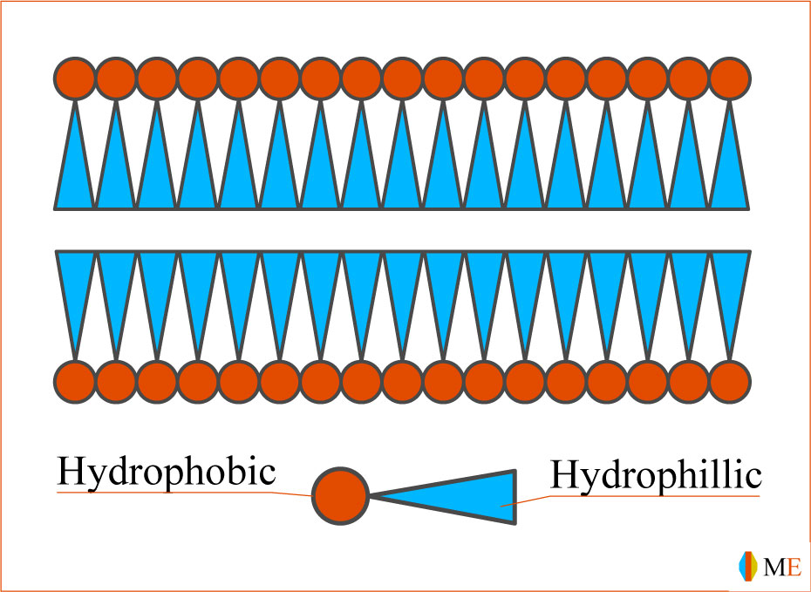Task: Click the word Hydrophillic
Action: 656,476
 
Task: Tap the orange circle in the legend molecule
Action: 340,496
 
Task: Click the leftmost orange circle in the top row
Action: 75,78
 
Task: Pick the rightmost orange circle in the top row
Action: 730,78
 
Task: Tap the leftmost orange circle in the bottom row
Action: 75,381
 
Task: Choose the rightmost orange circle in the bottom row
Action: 730,381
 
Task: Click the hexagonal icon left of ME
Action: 747,566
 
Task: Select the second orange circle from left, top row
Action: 116,78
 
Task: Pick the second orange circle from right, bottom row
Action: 689,381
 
